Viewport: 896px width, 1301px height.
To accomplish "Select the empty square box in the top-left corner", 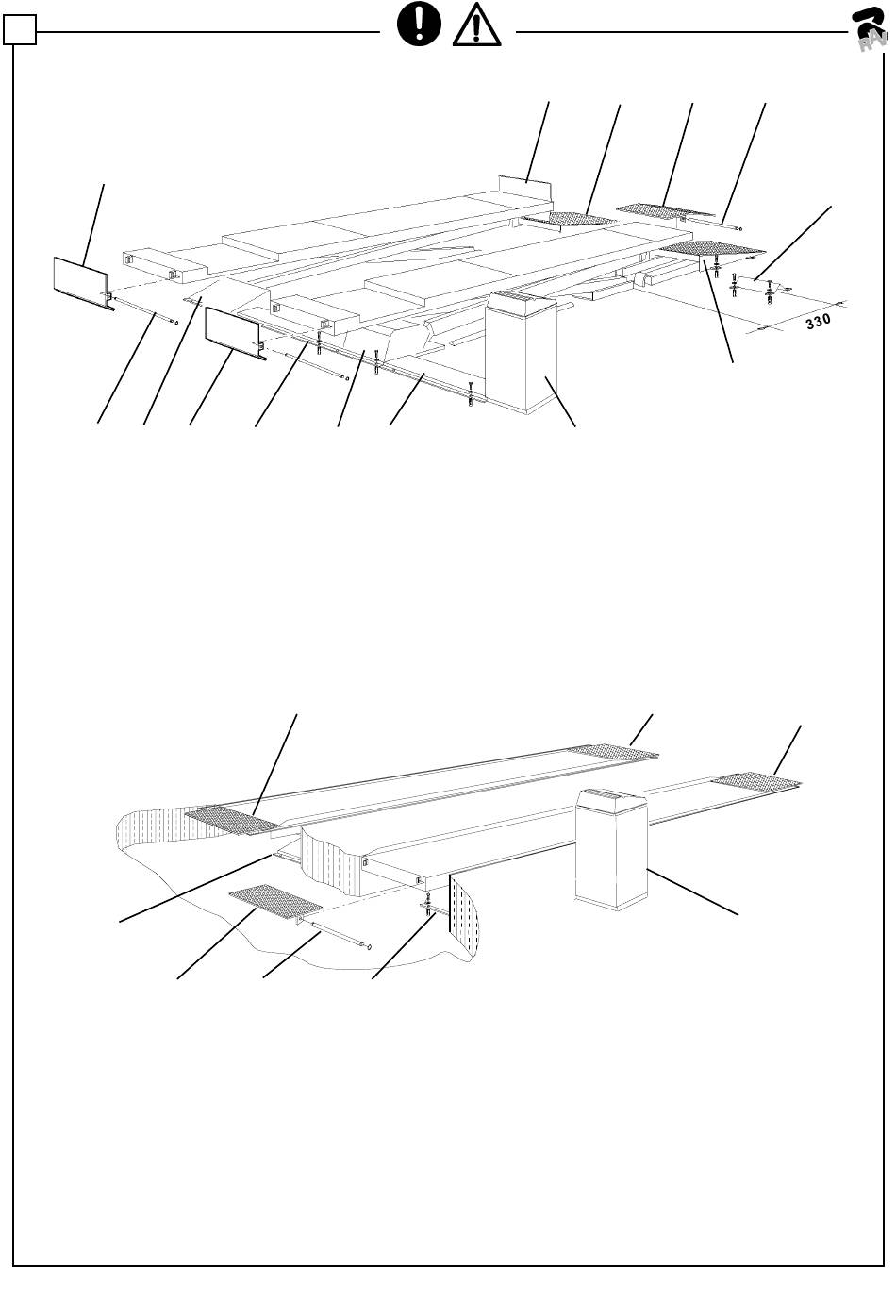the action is click(x=19, y=33).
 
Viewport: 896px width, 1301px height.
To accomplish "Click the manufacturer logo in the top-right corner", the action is click(x=870, y=28).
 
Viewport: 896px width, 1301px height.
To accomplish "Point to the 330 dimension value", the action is click(x=818, y=321).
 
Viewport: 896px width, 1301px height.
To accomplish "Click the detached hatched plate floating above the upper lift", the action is click(x=662, y=208).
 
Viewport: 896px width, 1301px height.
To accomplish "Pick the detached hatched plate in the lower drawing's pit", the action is click(x=274, y=899).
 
